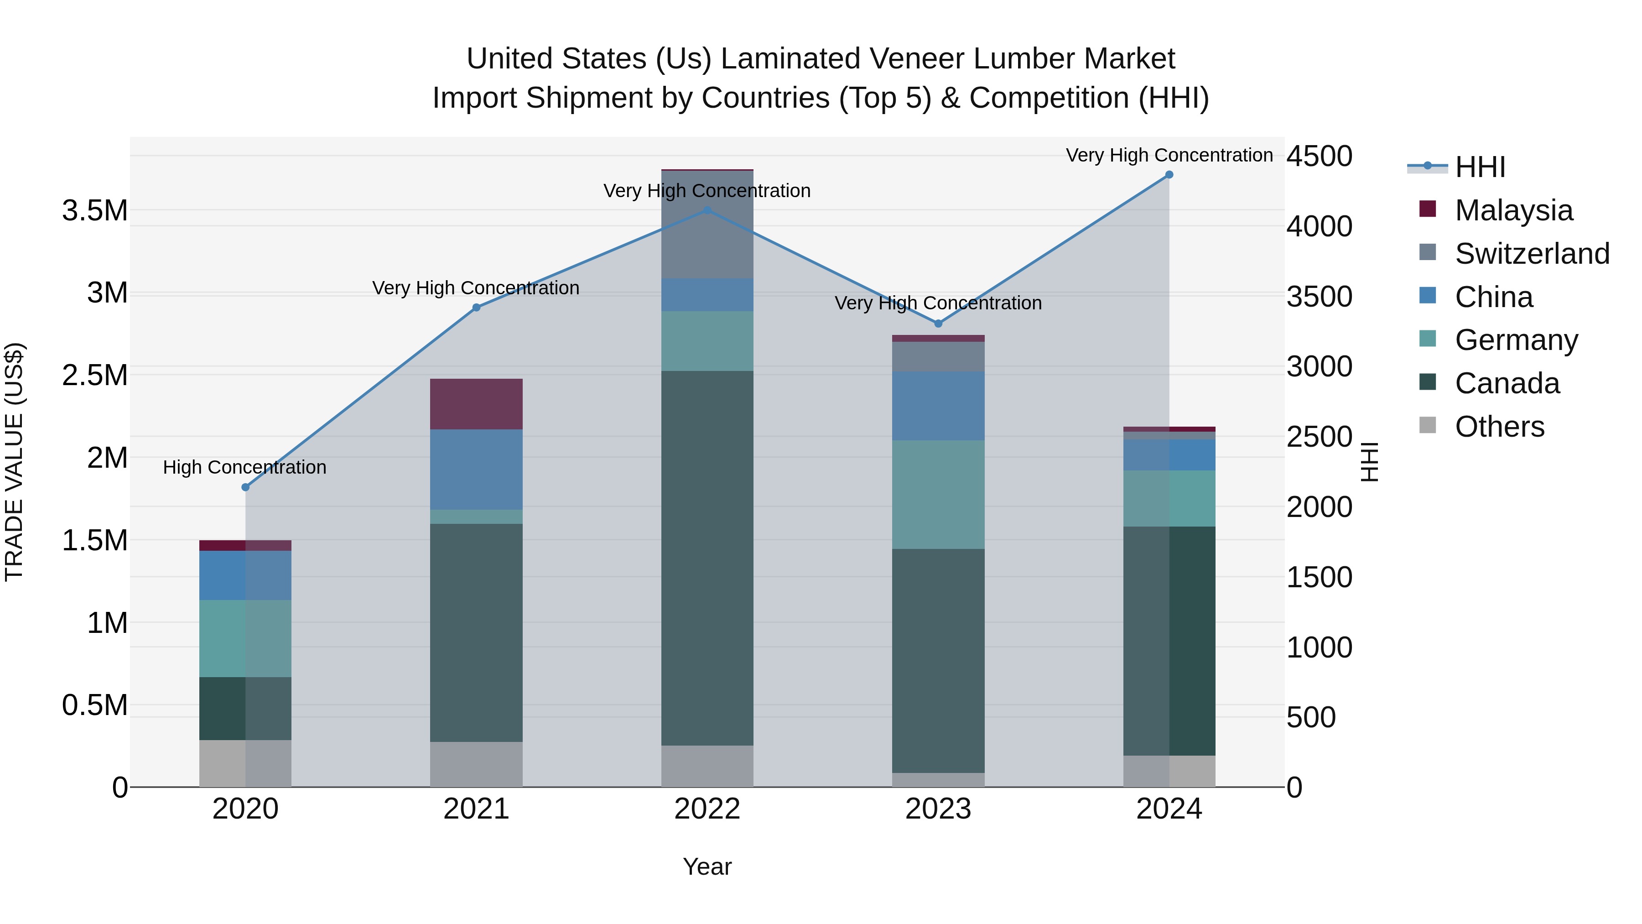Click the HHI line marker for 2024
coord(1169,175)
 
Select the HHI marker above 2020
coord(245,487)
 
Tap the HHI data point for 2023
coord(938,324)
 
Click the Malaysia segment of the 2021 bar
coord(476,404)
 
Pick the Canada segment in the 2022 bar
coord(707,558)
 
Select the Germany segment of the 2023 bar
coord(938,494)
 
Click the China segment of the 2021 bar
coord(476,470)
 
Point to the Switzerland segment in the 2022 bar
coord(707,224)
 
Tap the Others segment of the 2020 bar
coord(245,763)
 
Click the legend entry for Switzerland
coord(1532,254)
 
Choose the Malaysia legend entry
coord(1513,210)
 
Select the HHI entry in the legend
coord(1480,167)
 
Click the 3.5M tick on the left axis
coord(95,210)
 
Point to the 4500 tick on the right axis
coord(1319,156)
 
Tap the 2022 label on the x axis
coord(707,809)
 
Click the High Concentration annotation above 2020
coord(245,467)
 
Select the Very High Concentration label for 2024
coord(1169,155)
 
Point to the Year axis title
coord(707,867)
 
